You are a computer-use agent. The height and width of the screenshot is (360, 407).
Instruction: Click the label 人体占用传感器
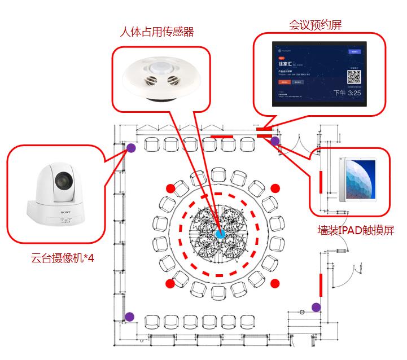click(x=157, y=32)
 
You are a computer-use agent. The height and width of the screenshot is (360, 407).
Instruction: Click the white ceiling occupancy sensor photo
click(x=160, y=78)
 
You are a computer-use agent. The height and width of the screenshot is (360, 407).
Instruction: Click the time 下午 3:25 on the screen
click(x=347, y=93)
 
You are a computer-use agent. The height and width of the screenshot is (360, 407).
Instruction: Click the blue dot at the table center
click(x=220, y=233)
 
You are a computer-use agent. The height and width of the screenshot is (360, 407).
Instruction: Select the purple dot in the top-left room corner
click(x=130, y=148)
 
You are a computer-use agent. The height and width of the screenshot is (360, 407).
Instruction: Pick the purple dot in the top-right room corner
click(x=275, y=141)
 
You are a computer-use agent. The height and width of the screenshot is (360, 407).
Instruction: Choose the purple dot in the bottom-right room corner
click(x=316, y=308)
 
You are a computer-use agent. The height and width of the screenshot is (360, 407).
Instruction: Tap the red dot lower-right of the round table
click(x=275, y=282)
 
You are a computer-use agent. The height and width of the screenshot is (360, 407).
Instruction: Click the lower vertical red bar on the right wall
click(x=321, y=284)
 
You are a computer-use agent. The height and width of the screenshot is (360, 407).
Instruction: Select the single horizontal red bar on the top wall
click(x=221, y=137)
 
